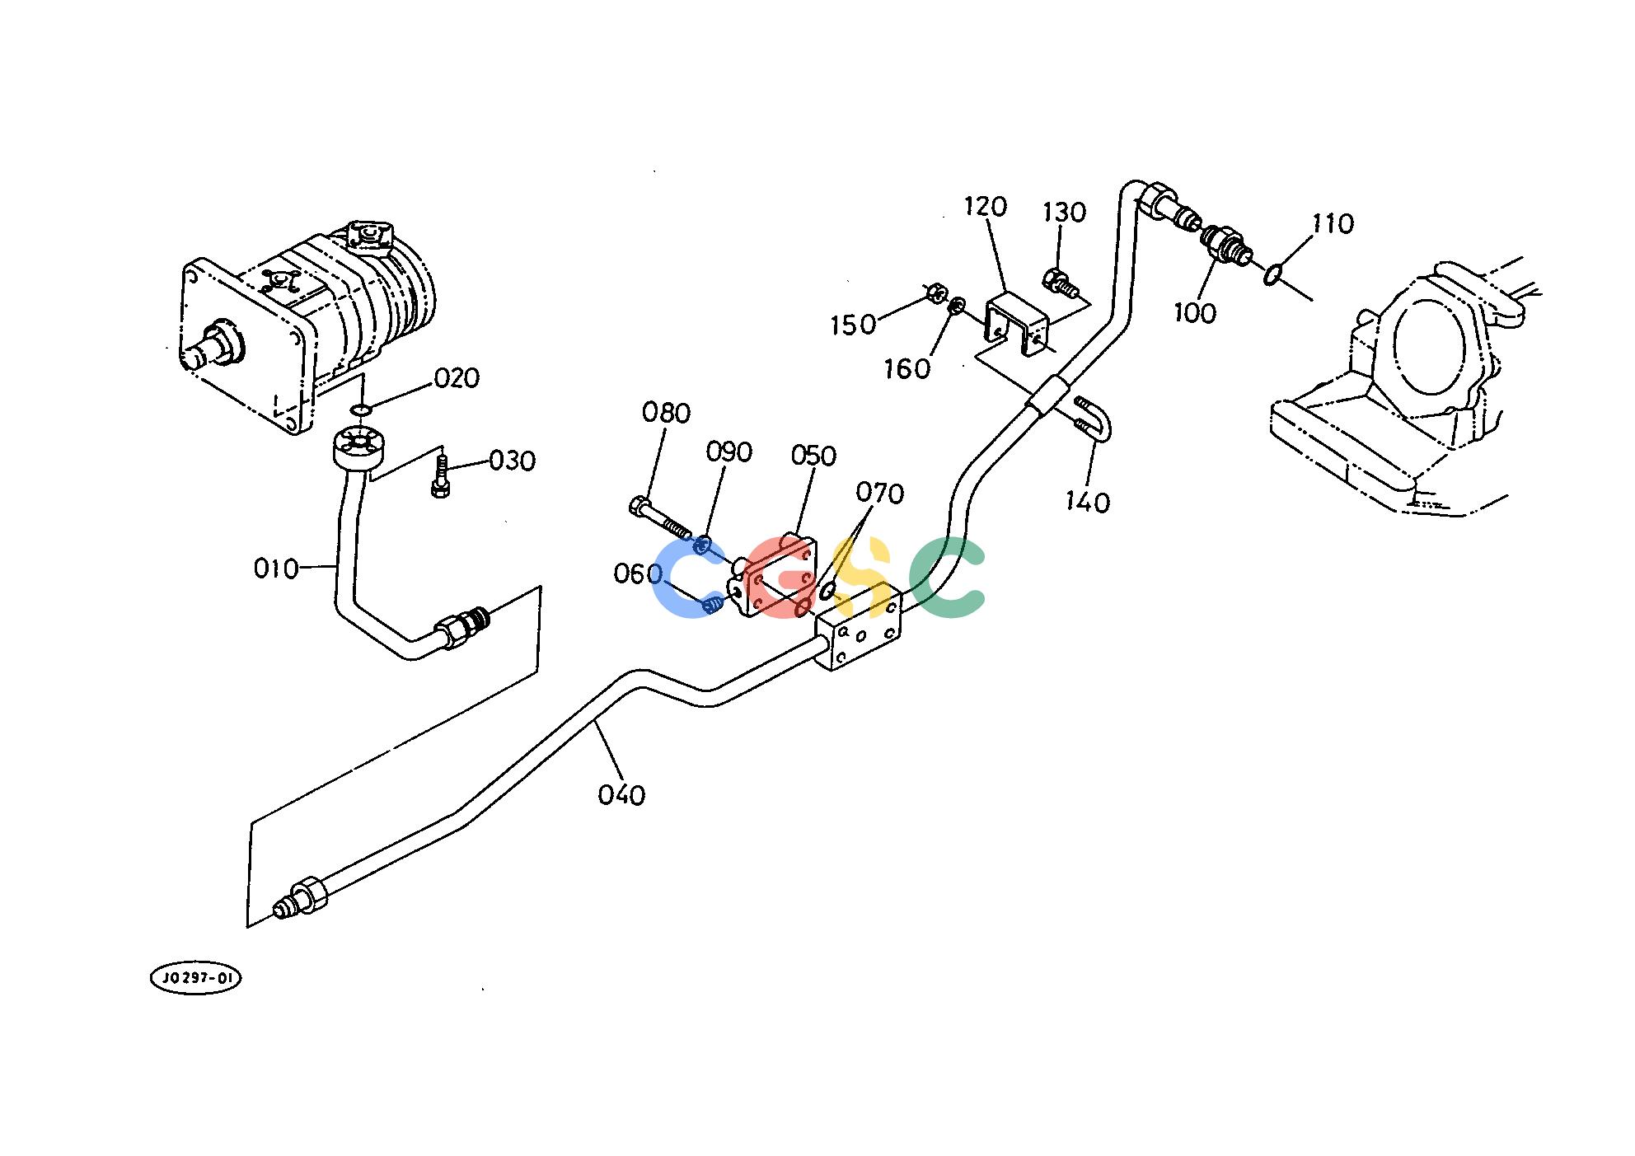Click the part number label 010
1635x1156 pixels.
pos(275,569)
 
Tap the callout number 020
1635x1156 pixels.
pos(457,378)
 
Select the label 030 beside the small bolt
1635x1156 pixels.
pos(512,461)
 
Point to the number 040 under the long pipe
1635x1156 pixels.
pos(622,795)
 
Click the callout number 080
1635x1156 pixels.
pos(666,413)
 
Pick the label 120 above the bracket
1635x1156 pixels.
pos(986,207)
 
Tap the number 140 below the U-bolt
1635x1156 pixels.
pos(1088,502)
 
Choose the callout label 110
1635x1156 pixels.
pos(1333,224)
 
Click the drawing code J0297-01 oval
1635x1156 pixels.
pos(196,979)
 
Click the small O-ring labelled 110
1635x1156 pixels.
pos(1272,274)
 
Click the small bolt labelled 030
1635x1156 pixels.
pos(441,476)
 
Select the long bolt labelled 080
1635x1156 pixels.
pos(660,517)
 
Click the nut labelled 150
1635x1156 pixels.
pos(935,293)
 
